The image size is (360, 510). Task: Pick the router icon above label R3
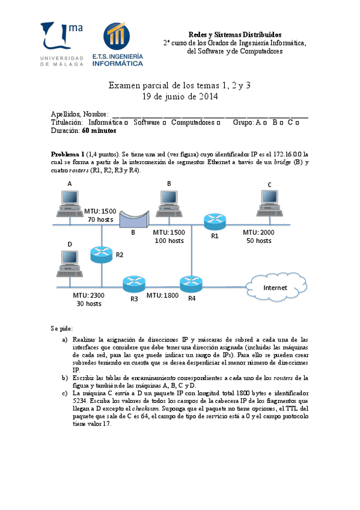point(133,282)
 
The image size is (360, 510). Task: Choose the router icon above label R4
point(191,282)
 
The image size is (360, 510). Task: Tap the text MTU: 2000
point(259,232)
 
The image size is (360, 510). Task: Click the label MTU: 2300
point(89,295)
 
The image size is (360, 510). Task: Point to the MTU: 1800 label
point(163,295)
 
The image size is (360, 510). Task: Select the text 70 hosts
point(100,220)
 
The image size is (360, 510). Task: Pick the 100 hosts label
point(169,241)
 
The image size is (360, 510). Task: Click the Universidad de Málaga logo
point(62,44)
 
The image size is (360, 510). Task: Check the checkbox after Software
point(164,123)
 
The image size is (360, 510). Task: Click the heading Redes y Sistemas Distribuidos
point(235,35)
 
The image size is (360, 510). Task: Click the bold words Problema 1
point(67,154)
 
